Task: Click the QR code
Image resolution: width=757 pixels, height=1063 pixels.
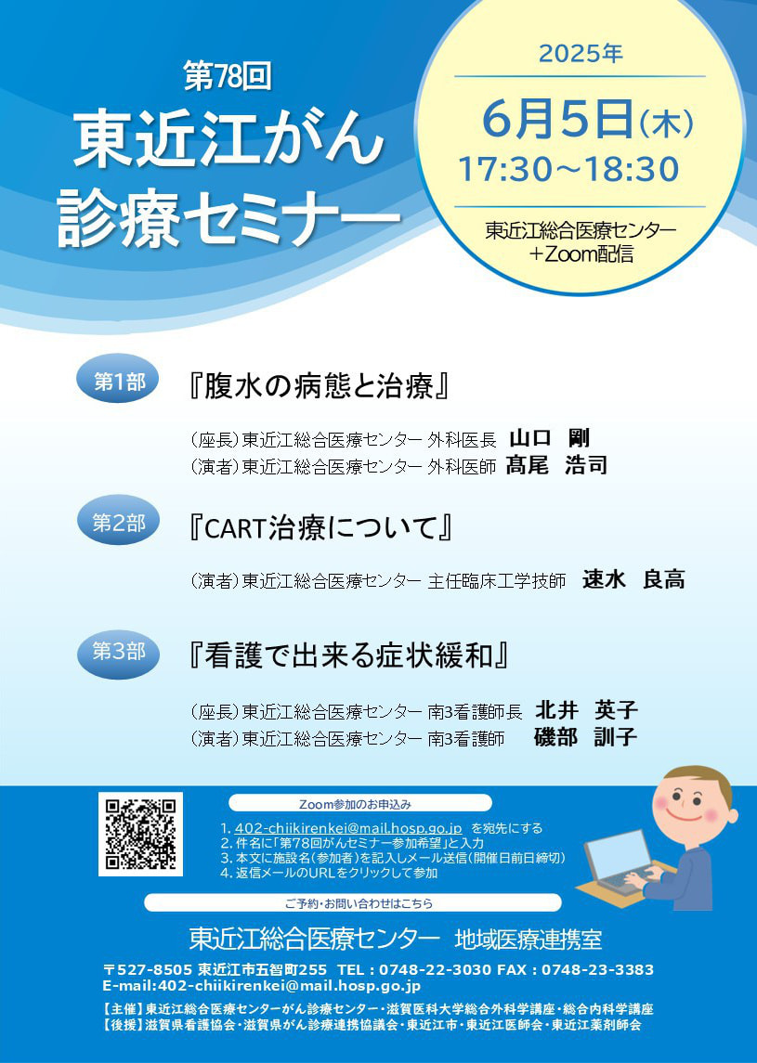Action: (x=140, y=834)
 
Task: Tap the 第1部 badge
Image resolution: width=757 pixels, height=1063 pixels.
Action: (x=120, y=382)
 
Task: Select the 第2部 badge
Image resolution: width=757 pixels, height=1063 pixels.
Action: (x=120, y=523)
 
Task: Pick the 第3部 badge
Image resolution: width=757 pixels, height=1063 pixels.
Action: (x=120, y=652)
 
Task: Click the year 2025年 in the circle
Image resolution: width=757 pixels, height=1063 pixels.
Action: (x=581, y=54)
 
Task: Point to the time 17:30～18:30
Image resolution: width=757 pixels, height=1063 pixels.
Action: (x=569, y=170)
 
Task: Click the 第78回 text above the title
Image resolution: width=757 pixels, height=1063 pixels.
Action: (x=228, y=76)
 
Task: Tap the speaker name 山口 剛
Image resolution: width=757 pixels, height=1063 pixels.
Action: (x=555, y=438)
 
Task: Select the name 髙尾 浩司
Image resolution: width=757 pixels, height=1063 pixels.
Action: (x=556, y=466)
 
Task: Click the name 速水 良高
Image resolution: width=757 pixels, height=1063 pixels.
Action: (x=633, y=579)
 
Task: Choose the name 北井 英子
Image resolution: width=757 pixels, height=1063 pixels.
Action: (x=586, y=710)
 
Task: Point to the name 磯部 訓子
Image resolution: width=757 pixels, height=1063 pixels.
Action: (x=586, y=737)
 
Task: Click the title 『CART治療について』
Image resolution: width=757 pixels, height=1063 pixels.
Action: (x=320, y=529)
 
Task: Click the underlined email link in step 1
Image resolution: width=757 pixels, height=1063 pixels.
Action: (x=348, y=828)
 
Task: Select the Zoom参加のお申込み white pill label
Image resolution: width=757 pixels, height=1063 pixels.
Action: (x=360, y=804)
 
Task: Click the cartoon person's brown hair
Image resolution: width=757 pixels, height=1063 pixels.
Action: (x=700, y=783)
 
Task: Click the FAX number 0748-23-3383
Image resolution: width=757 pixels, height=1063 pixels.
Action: (x=597, y=970)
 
